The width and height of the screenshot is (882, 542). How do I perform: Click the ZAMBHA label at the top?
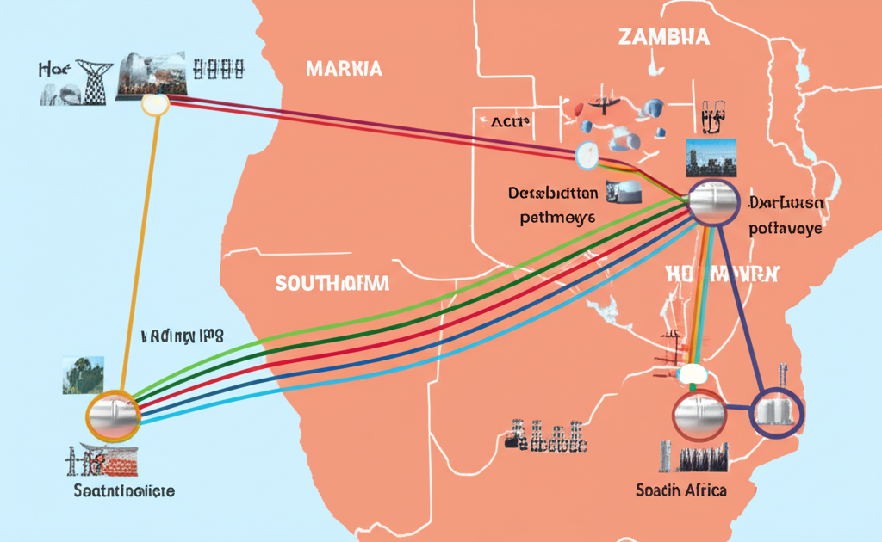pyautogui.click(x=663, y=36)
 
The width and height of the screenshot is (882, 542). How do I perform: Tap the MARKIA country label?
pyautogui.click(x=344, y=69)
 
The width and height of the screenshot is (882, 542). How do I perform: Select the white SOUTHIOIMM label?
pyautogui.click(x=332, y=282)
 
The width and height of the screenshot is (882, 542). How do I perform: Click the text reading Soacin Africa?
pyautogui.click(x=680, y=490)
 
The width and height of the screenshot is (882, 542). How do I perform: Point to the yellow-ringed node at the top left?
pyautogui.click(x=155, y=104)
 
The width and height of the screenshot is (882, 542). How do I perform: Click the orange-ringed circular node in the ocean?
pyautogui.click(x=113, y=416)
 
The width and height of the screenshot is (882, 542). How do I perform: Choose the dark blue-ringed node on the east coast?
pyautogui.click(x=777, y=410)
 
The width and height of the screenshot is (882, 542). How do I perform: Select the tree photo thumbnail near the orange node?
pyautogui.click(x=84, y=376)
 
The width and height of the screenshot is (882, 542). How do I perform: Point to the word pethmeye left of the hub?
pyautogui.click(x=557, y=218)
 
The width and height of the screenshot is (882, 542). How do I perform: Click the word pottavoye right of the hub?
pyautogui.click(x=786, y=229)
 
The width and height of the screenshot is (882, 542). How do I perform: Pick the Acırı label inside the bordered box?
pyautogui.click(x=508, y=123)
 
